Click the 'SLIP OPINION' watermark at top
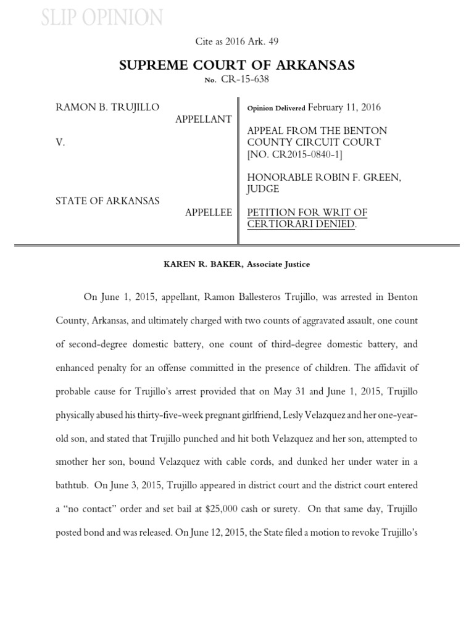pyautogui.click(x=102, y=18)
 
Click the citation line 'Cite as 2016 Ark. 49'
pyautogui.click(x=237, y=41)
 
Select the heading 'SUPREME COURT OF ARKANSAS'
pyautogui.click(x=237, y=65)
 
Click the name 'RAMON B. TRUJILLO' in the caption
pyautogui.click(x=107, y=107)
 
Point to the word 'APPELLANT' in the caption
pyautogui.click(x=204, y=119)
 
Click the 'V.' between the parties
pyautogui.click(x=60, y=142)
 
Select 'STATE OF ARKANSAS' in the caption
pyautogui.click(x=107, y=201)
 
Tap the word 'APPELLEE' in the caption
pyautogui.click(x=209, y=212)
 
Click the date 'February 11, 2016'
pyautogui.click(x=344, y=107)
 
